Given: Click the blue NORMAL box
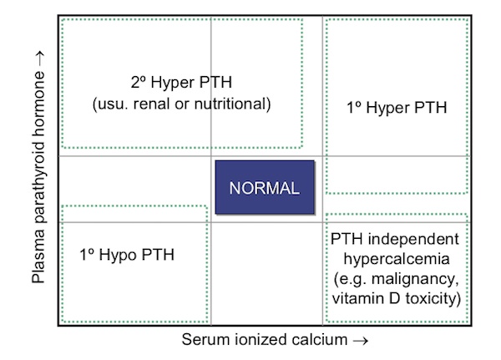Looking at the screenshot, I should (x=265, y=187).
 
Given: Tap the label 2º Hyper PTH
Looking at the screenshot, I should (x=181, y=84).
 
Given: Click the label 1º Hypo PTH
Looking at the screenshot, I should (x=128, y=255).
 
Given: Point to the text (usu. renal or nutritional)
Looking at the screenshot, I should (x=181, y=104).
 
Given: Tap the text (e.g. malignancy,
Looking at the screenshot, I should (x=397, y=278).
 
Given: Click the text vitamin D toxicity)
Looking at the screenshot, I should (x=397, y=298).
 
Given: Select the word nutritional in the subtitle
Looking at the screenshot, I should (x=238, y=104).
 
